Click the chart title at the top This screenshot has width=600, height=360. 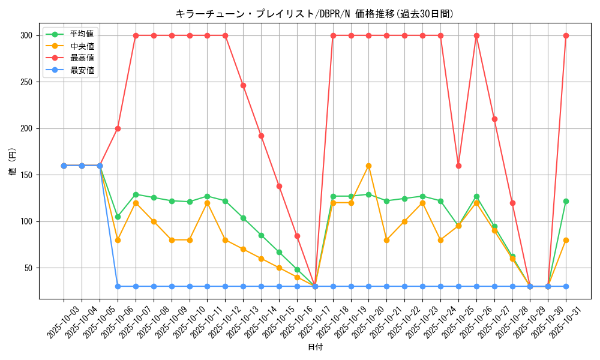pyautogui.click(x=314, y=13)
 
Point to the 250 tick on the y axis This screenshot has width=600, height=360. pyautogui.click(x=26, y=82)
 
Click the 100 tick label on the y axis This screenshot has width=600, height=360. pyautogui.click(x=26, y=221)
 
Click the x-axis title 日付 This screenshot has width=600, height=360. pyautogui.click(x=314, y=347)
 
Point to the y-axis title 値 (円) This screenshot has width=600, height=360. pyautogui.click(x=13, y=162)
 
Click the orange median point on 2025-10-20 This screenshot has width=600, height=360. pyautogui.click(x=368, y=166)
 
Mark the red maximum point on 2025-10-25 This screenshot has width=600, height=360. pyautogui.click(x=458, y=166)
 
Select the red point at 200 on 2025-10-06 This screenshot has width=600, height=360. pyautogui.click(x=118, y=128)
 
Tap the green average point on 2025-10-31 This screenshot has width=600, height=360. pyautogui.click(x=566, y=201)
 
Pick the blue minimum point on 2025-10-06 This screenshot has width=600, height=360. pyautogui.click(x=118, y=286)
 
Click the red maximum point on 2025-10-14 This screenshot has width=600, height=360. pyautogui.click(x=261, y=136)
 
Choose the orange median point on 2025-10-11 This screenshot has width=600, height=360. pyautogui.click(x=207, y=203)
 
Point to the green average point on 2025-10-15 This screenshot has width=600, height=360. pyautogui.click(x=279, y=252)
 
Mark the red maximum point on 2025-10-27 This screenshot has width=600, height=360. pyautogui.click(x=494, y=119)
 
